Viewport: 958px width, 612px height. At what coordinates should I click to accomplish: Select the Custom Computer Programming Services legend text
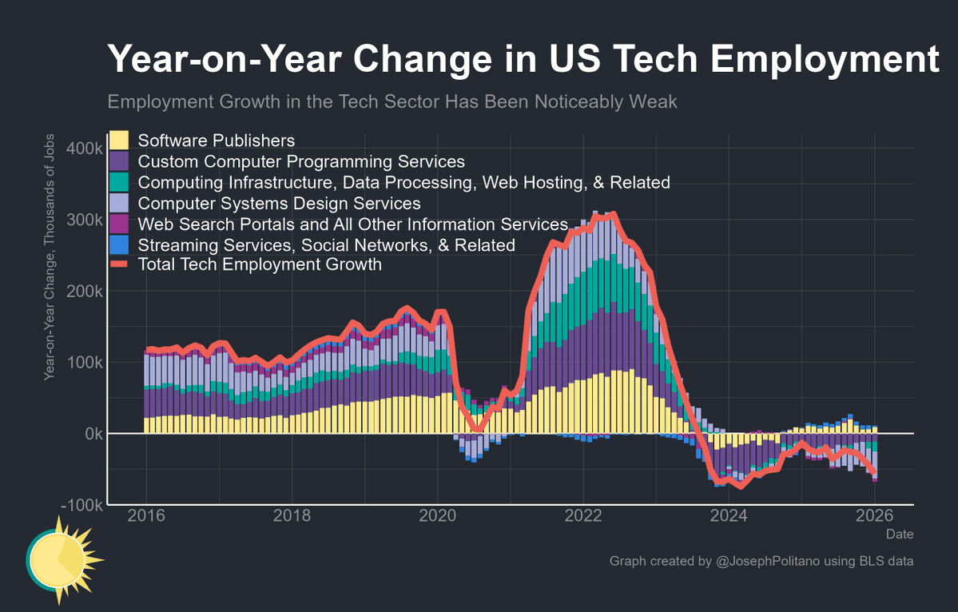coord(301,161)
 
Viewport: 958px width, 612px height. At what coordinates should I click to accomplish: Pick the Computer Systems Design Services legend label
coord(279,203)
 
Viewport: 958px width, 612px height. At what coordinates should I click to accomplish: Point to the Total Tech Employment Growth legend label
coord(260,264)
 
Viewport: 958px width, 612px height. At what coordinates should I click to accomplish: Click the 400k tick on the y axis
coord(84,149)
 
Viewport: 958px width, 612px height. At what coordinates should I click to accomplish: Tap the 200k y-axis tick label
coord(84,292)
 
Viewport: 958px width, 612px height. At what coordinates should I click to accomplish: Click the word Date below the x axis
coord(900,534)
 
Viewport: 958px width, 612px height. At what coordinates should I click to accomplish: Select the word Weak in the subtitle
coord(655,102)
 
